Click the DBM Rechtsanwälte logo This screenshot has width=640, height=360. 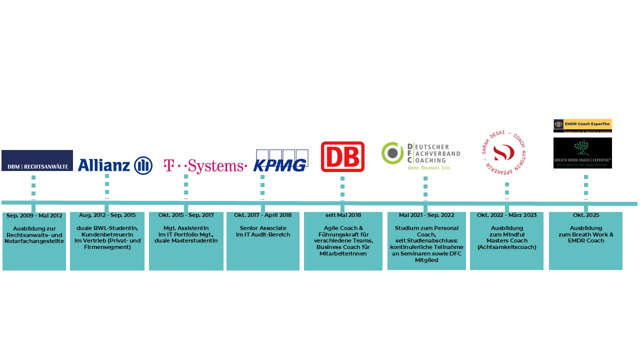(x=37, y=160)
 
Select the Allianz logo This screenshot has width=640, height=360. (x=115, y=165)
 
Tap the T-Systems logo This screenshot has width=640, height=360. (x=205, y=165)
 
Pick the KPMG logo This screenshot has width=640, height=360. (x=280, y=160)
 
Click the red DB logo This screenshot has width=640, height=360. (x=342, y=156)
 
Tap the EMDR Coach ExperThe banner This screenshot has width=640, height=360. (x=582, y=125)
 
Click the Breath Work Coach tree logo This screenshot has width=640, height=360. (x=582, y=153)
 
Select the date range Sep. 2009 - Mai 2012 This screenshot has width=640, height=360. (x=34, y=215)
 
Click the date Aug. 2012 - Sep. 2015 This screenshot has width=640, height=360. (x=107, y=215)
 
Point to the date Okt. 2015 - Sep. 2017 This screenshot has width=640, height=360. (x=186, y=215)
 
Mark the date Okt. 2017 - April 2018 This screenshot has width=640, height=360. (x=262, y=215)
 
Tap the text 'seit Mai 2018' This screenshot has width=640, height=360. (x=343, y=215)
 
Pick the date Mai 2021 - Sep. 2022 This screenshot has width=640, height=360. (x=426, y=215)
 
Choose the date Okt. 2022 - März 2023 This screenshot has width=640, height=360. (x=506, y=215)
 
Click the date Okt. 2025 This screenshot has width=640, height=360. (x=586, y=215)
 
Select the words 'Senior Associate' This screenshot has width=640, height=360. (x=263, y=228)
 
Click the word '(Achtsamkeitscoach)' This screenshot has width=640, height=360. (x=506, y=247)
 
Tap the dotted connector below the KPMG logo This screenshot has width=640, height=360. (x=262, y=187)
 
